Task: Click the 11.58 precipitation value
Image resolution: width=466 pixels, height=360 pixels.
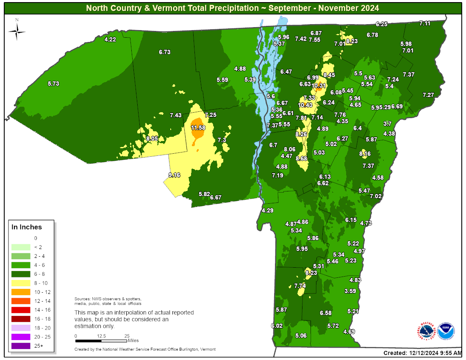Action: (x=198, y=127)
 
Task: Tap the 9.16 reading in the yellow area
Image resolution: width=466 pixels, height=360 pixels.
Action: (x=174, y=175)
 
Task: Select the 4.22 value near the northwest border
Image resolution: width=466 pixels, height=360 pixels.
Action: (x=110, y=39)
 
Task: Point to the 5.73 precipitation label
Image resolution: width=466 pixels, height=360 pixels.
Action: (x=53, y=84)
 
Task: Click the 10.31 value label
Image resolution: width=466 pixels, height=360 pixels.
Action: (x=319, y=86)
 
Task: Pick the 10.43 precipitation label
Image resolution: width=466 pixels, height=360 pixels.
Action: (x=305, y=105)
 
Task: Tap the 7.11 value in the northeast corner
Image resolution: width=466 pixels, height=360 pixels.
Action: (x=425, y=24)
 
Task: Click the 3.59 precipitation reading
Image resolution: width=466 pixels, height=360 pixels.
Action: (x=350, y=291)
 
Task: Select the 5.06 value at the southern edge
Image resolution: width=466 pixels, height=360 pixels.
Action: (x=300, y=336)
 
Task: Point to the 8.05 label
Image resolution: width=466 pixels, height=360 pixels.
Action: (x=152, y=138)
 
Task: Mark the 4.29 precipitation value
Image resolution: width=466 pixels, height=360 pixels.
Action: (x=268, y=210)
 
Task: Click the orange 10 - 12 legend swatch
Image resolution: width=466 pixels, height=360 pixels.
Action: (x=20, y=292)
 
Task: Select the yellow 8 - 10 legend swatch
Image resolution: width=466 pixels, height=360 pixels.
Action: (x=20, y=283)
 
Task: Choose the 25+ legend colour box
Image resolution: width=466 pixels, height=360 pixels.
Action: (x=20, y=346)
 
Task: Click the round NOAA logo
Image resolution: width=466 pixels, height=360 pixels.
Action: (x=445, y=330)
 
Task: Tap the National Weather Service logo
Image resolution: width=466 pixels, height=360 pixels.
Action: (x=427, y=330)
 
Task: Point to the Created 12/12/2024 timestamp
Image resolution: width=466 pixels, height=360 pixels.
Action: (x=422, y=353)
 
